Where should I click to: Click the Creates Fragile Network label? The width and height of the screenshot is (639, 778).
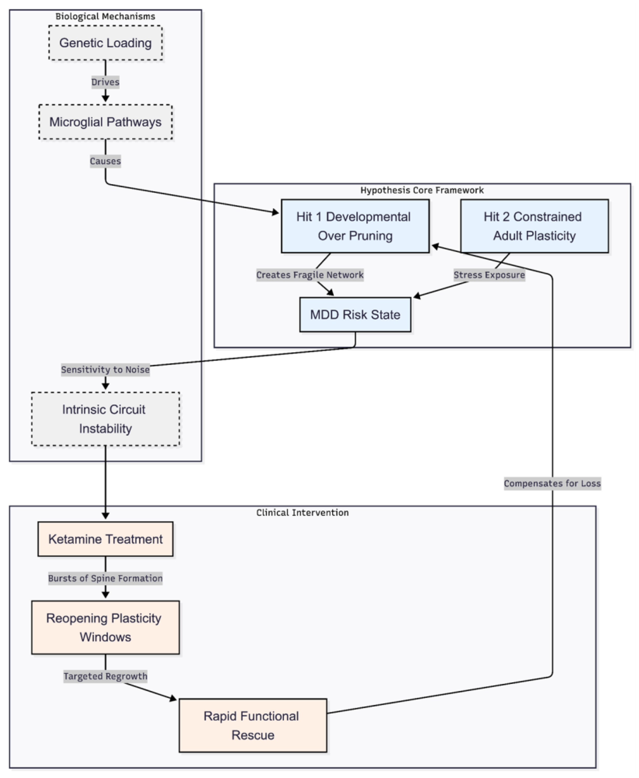[x=310, y=275]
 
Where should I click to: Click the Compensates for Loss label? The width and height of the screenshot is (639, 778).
[x=552, y=483]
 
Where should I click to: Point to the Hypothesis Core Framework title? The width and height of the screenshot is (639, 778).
[x=422, y=190]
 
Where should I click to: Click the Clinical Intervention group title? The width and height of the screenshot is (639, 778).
[x=302, y=513]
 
